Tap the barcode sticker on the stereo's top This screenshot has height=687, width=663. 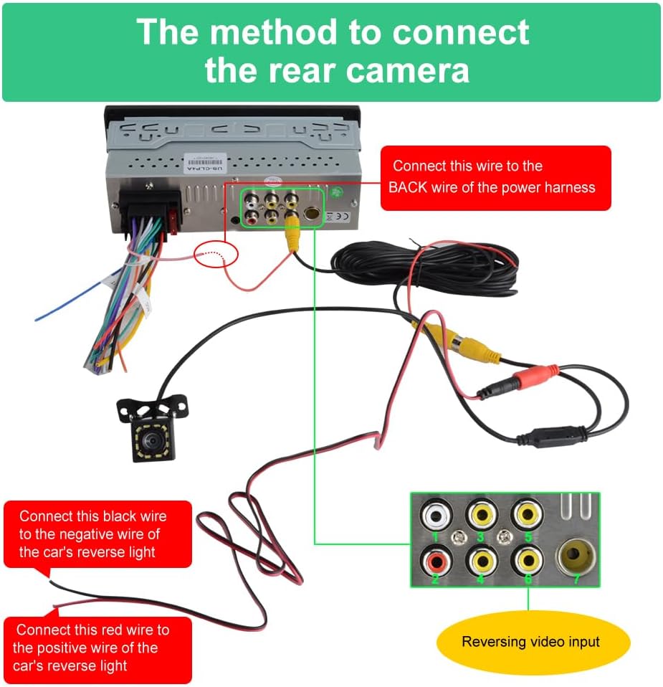[199, 161]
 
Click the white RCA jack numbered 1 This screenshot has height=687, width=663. [436, 515]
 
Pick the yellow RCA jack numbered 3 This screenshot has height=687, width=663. [481, 514]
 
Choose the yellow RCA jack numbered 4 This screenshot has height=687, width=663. [481, 559]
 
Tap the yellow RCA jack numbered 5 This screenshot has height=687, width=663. [527, 514]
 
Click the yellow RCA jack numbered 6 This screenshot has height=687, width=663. [527, 559]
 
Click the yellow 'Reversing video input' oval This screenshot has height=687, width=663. [530, 642]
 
